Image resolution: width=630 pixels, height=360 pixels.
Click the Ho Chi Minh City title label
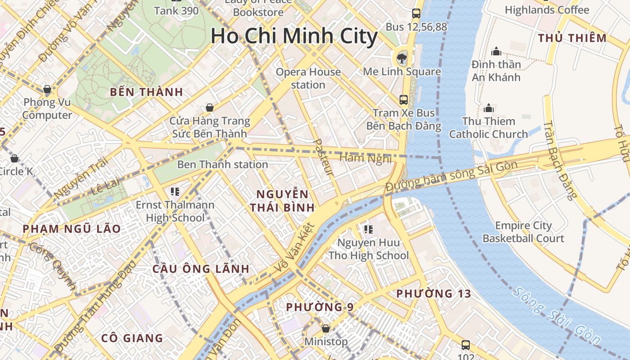[294, 36]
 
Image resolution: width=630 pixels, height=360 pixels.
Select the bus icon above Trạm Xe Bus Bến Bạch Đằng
[404, 99]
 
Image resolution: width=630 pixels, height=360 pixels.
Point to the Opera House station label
[308, 78]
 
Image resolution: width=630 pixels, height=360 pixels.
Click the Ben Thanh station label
[223, 165]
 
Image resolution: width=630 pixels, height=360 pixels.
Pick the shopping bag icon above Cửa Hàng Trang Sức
[209, 108]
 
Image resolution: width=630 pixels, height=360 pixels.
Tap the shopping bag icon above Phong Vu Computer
[47, 89]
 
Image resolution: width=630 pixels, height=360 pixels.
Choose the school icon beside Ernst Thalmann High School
[175, 192]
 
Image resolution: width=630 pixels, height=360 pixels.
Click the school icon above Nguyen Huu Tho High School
[369, 229]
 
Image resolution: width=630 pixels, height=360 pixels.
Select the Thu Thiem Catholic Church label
[488, 128]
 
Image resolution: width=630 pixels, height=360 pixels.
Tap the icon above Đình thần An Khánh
[496, 51]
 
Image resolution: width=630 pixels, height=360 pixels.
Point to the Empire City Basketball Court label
[523, 232]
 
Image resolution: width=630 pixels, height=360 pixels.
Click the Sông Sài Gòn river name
[556, 317]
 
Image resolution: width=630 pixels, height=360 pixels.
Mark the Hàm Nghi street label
[365, 158]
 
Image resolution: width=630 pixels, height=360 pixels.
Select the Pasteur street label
[323, 157]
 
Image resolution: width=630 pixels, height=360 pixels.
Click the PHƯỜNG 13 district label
[433, 294]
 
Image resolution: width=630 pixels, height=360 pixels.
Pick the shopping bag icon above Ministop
[326, 329]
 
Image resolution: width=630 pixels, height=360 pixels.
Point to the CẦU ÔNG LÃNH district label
[201, 269]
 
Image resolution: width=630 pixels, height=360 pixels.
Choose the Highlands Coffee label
[547, 10]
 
